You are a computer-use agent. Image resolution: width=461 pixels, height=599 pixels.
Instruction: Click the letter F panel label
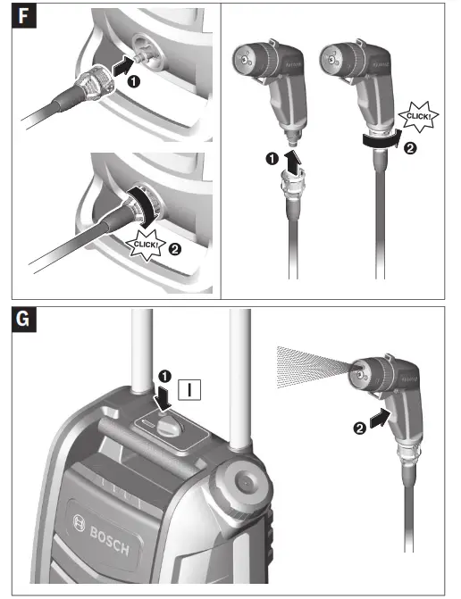(x=25, y=21)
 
